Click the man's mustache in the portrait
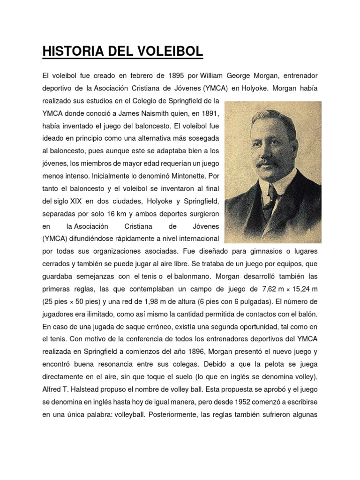click(x=268, y=162)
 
